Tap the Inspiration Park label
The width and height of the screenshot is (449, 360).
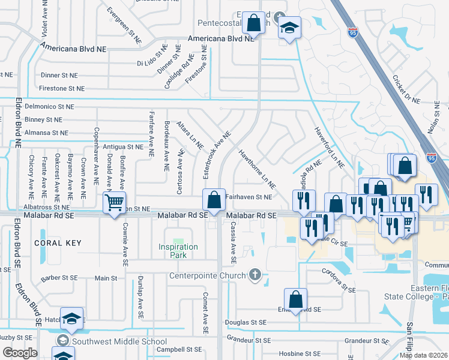tap(178, 251)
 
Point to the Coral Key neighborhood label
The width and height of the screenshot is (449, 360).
tap(57, 243)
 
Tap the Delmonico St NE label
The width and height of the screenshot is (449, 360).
tap(53, 106)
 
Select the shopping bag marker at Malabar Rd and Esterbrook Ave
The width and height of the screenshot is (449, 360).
tap(214, 199)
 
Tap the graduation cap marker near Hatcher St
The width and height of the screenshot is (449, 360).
tap(72, 318)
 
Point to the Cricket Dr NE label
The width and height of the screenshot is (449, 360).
tap(406, 89)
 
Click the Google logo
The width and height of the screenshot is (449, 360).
tap(20, 353)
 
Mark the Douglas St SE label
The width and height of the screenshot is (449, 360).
tap(246, 322)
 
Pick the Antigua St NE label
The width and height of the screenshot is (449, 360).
tap(122, 146)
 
